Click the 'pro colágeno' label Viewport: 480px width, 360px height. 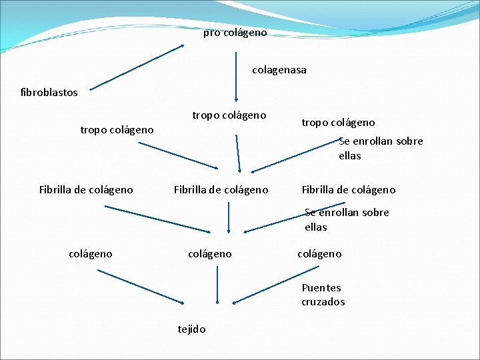[x=235, y=33]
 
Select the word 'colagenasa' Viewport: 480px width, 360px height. [x=279, y=69]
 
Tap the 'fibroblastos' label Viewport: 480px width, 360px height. [x=49, y=92]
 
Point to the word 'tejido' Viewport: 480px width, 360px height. [x=191, y=329]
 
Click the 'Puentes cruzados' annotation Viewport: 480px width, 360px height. [x=323, y=295]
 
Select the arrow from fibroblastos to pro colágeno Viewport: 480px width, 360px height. [x=137, y=67]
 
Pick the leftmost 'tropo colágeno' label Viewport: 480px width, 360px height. [x=117, y=129]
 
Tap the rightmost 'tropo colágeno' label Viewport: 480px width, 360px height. [x=338, y=122]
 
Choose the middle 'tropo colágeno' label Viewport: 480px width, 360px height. [x=229, y=115]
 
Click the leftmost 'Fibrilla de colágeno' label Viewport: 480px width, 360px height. [x=86, y=190]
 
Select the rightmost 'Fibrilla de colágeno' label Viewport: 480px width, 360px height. [x=349, y=190]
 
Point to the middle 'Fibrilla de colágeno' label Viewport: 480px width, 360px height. [x=221, y=190]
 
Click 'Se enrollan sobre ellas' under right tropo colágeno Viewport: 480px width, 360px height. [x=380, y=148]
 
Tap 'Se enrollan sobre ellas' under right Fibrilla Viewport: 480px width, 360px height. [x=347, y=219]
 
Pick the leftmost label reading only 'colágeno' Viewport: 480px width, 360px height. [x=91, y=253]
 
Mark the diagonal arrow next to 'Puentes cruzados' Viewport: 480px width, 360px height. [x=267, y=287]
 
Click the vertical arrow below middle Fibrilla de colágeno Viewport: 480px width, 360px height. [x=229, y=217]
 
